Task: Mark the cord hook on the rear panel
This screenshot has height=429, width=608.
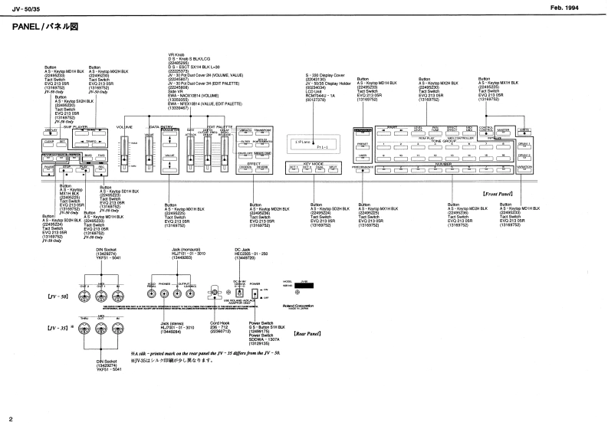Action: tap(215, 293)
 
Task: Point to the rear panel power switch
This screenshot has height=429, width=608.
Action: tap(255, 294)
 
